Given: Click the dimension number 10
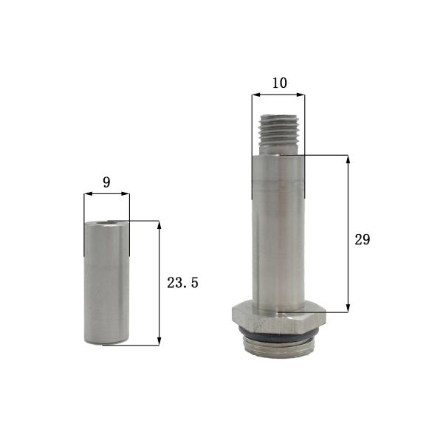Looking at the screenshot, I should coord(278,83).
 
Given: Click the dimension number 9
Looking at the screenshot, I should coord(106,182).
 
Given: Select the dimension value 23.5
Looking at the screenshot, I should coord(182,282).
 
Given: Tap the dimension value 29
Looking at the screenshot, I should coord(362,239).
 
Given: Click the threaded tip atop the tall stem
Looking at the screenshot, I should coord(278,134).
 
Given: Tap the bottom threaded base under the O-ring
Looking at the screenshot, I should coord(278,349).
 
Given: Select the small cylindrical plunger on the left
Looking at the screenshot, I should coord(106,284).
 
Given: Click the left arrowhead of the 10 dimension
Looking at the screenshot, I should coord(255,95).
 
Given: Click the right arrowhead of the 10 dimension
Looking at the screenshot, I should coord(301,95).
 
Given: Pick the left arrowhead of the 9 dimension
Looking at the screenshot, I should coord(87,194).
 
